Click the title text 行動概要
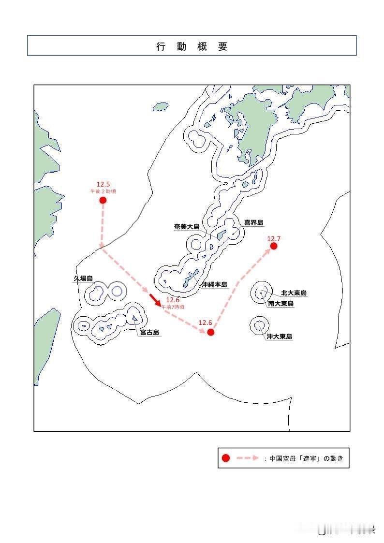[x=192, y=46]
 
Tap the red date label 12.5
[x=103, y=184]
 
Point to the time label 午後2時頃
[x=103, y=191]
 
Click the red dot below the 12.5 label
[x=103, y=200]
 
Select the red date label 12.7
[x=274, y=238]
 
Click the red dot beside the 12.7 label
[x=274, y=246]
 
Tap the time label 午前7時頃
[x=173, y=307]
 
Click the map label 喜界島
[x=253, y=223]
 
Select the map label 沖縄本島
[x=214, y=285]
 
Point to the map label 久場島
[x=83, y=279]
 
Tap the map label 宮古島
[x=149, y=333]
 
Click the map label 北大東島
[x=294, y=293]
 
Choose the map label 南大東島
[x=281, y=304]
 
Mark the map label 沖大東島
[x=279, y=337]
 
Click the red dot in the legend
[x=225, y=458]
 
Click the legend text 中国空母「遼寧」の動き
[x=306, y=458]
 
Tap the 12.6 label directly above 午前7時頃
[x=173, y=300]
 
